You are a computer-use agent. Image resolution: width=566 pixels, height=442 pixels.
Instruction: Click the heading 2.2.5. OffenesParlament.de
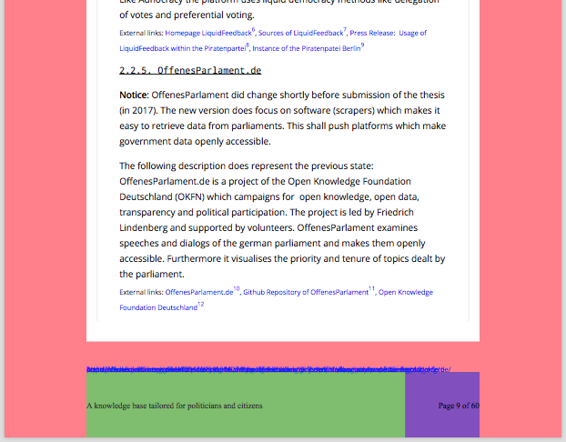click(190, 70)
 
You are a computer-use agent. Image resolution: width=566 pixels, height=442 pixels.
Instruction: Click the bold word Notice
click(133, 95)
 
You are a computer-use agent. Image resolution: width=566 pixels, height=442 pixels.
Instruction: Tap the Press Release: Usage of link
click(388, 33)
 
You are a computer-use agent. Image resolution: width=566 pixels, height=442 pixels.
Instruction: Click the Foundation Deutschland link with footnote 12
click(157, 308)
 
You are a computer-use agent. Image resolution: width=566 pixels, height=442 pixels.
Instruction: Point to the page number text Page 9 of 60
click(458, 405)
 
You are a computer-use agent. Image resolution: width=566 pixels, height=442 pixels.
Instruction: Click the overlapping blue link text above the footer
click(268, 369)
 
